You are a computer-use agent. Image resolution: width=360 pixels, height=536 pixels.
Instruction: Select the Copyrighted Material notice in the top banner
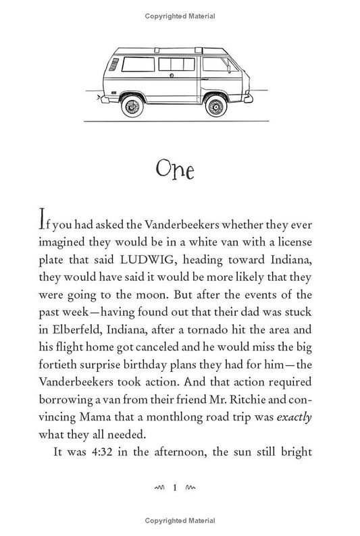pos(180,12)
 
